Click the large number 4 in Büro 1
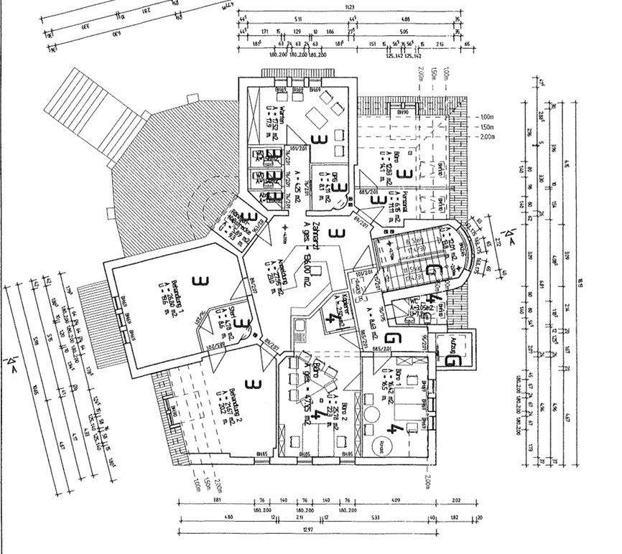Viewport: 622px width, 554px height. point(393,429)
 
